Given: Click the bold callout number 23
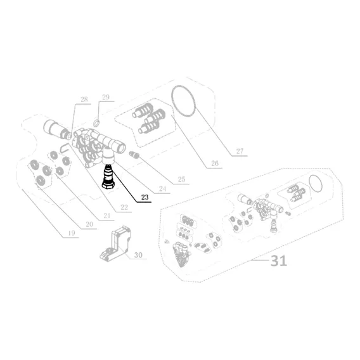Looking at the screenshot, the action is (145, 197).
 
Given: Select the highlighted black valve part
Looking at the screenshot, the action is (108, 177).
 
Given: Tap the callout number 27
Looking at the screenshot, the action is (240, 151).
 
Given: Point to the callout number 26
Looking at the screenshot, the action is (215, 164).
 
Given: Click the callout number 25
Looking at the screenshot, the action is (181, 179).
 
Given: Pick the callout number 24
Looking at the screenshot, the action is (162, 189).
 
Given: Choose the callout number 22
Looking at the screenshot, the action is (124, 207).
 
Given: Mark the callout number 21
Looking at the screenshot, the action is (106, 215).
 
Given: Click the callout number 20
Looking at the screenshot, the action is (89, 224).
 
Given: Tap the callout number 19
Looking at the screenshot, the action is (72, 233).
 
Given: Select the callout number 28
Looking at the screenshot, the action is (84, 99).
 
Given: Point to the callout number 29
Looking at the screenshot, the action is (106, 97).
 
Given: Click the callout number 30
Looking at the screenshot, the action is (138, 255).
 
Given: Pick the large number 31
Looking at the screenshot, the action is (278, 261).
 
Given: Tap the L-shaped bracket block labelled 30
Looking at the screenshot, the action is (115, 243).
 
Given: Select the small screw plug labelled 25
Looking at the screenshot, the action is (134, 155).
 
